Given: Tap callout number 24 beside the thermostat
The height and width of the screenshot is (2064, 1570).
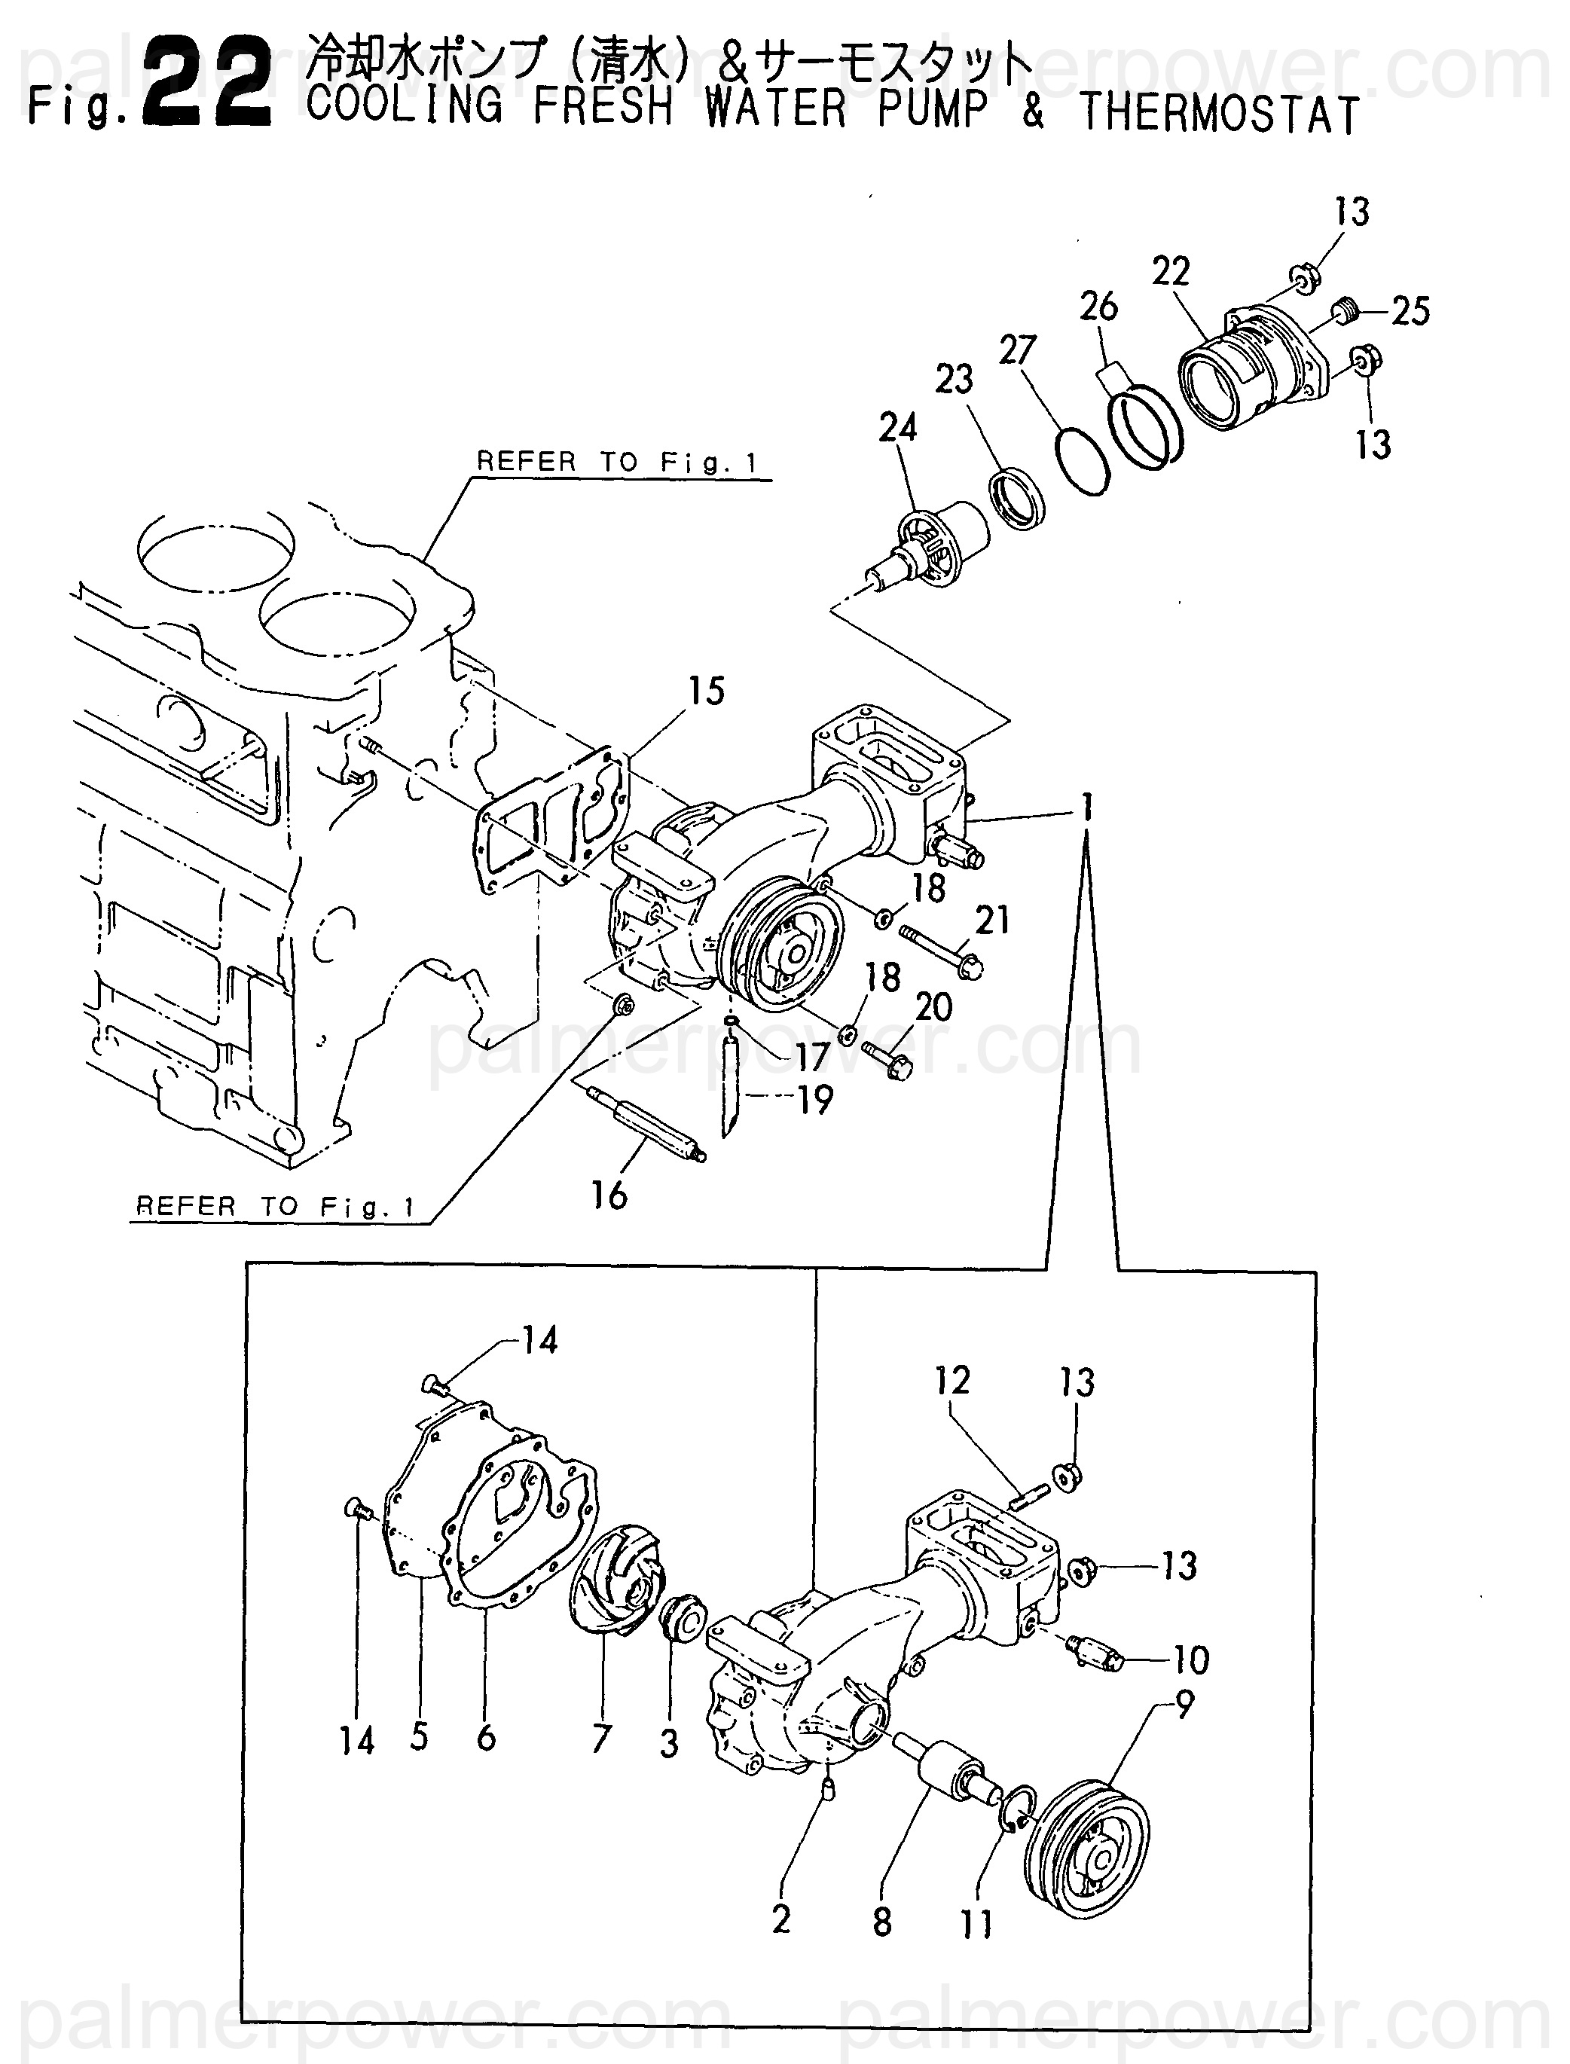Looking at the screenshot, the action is tap(897, 427).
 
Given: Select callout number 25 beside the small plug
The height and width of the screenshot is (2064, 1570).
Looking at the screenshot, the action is tap(1410, 311).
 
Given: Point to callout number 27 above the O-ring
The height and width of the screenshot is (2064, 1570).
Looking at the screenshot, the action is tap(1018, 350).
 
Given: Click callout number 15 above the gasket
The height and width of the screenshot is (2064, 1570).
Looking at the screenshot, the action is tap(707, 692).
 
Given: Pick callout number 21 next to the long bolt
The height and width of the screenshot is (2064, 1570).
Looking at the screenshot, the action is tap(991, 921).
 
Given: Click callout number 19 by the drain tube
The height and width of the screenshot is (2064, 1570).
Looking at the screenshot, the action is tap(815, 1100).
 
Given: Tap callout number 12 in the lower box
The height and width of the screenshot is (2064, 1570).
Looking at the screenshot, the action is tap(952, 1380).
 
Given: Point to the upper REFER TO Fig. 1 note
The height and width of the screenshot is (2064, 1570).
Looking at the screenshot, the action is tap(617, 462).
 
